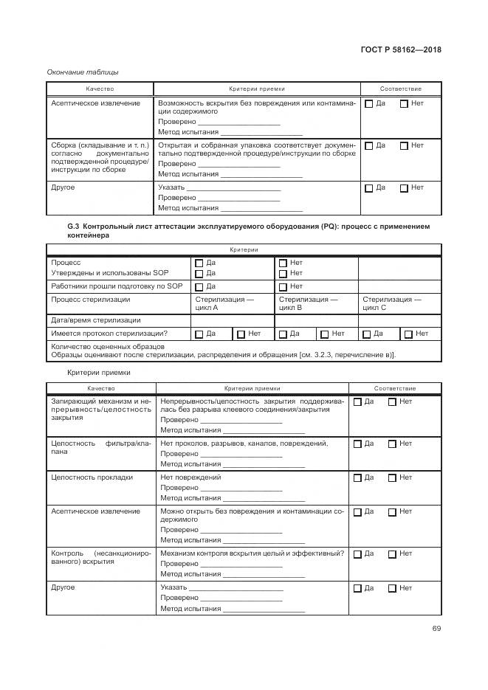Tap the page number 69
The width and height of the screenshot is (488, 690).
(x=436, y=628)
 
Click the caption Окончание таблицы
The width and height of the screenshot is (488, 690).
(x=82, y=72)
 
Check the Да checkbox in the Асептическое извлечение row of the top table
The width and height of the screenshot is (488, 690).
(x=369, y=104)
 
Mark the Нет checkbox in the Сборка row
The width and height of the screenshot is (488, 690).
(x=404, y=146)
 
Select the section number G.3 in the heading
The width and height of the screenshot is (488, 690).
(x=74, y=226)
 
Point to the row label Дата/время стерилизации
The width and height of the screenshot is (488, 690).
(x=96, y=320)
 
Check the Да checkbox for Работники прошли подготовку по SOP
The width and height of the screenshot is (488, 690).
(x=199, y=286)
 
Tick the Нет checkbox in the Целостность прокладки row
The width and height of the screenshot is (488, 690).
(x=392, y=478)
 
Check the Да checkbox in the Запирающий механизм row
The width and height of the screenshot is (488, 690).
(x=357, y=402)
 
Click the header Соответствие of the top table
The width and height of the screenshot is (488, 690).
(x=401, y=89)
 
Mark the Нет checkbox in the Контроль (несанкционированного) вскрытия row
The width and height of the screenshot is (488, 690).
(x=392, y=554)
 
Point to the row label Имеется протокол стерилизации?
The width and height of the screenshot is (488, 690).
(x=109, y=334)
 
